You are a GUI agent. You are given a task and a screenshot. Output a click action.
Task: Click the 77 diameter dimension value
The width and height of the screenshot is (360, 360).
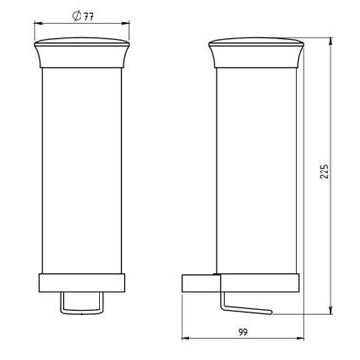click(x=88, y=16)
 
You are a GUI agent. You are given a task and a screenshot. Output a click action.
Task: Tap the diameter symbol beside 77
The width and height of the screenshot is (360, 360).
click(x=77, y=16)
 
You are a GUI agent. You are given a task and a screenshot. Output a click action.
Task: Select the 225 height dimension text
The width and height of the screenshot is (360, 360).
click(x=324, y=171)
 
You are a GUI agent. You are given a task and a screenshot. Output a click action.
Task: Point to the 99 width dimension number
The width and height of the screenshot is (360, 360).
click(x=243, y=332)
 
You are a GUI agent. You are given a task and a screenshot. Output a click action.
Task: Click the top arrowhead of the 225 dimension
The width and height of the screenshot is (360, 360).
click(x=331, y=42)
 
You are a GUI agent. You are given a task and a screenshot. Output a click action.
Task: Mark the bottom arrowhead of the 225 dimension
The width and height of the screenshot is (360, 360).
click(x=331, y=310)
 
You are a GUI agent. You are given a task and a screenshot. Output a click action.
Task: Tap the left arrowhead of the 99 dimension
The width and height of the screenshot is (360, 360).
click(x=187, y=339)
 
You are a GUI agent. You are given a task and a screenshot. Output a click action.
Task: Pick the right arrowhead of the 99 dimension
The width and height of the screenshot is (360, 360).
click(x=299, y=339)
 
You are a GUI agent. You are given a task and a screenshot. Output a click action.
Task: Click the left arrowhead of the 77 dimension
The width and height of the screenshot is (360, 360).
click(x=38, y=22)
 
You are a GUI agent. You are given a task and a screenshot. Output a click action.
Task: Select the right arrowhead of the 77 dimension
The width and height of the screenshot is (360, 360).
click(x=125, y=22)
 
